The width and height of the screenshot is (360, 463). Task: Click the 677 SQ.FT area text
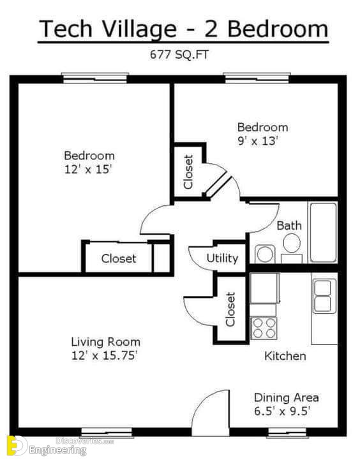coord(179,55)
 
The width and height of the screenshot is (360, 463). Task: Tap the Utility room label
coord(222,258)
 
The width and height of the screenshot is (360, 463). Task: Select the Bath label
coord(289,226)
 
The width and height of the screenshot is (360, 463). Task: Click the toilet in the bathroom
coord(292,247)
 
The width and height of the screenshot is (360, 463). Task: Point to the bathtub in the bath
coord(323,232)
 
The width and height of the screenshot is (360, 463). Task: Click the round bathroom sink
coord(265,254)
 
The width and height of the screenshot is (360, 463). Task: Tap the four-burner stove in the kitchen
coord(264,328)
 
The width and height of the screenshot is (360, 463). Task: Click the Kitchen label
coord(285,356)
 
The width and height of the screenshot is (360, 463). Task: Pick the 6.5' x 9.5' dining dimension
coord(282,411)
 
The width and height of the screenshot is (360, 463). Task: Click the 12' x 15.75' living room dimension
coord(104,355)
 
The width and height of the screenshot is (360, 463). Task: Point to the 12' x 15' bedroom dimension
coord(88,169)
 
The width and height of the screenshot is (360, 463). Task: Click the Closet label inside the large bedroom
coord(119,259)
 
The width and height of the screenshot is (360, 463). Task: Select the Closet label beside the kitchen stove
coord(230,309)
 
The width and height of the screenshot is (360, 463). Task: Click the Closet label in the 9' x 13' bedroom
coord(188,172)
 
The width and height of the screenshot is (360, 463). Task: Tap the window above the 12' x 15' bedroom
coord(95,78)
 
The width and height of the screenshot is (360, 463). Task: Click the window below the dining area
coord(287,432)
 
